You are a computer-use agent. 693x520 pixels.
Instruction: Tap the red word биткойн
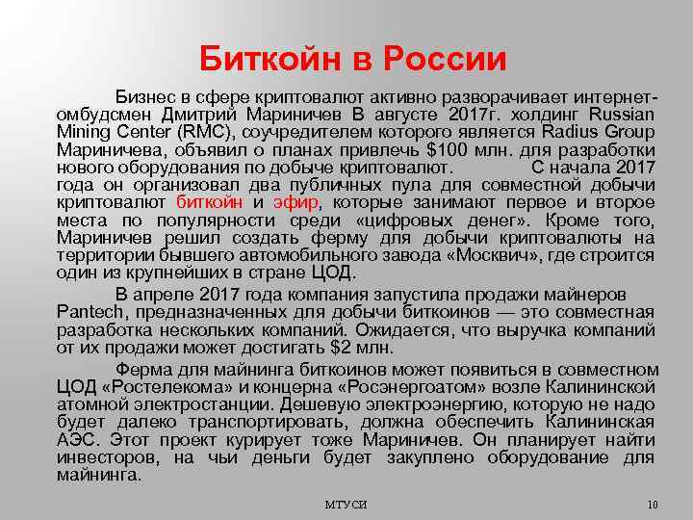[x=210, y=202]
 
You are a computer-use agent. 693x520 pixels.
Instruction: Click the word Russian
[x=624, y=116]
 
